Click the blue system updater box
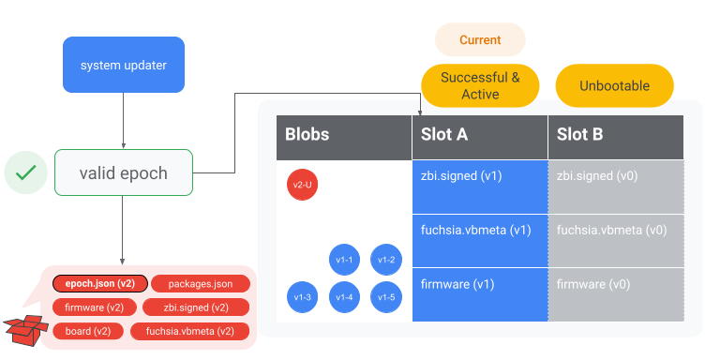(x=124, y=65)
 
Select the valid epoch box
(x=124, y=172)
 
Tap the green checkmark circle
(x=26, y=172)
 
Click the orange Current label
(x=480, y=40)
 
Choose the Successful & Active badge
(x=480, y=85)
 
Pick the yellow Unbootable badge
(x=615, y=85)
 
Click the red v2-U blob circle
(x=303, y=185)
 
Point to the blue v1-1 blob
(x=345, y=260)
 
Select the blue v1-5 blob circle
(x=386, y=297)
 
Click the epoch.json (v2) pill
(x=94, y=283)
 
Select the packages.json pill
(x=201, y=283)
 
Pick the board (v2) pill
(x=88, y=331)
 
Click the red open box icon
(x=25, y=327)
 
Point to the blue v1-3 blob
(x=303, y=297)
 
